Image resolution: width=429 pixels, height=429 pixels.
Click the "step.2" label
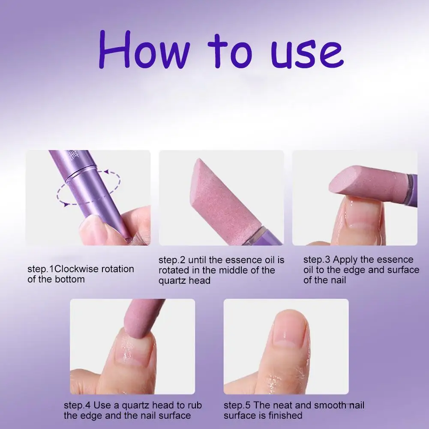pos(171,260)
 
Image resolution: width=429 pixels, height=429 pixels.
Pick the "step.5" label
pos(236,405)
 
